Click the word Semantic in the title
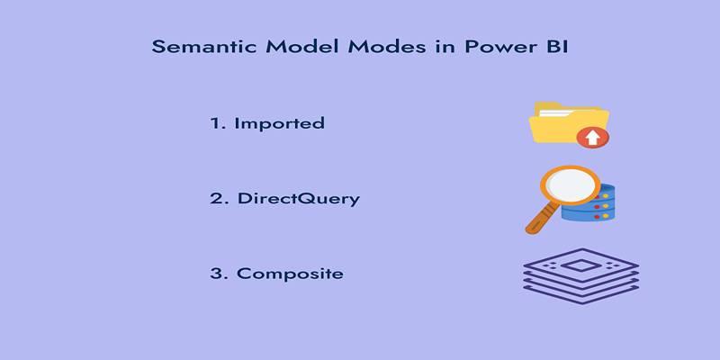coord(205,47)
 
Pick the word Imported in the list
coord(280,123)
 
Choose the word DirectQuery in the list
coord(299,199)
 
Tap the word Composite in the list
coord(290,274)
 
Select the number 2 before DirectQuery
coord(217,198)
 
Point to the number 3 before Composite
coord(217,274)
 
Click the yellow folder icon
coord(569,123)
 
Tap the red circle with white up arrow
coord(593,138)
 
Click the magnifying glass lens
coord(571,185)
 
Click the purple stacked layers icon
coord(580,276)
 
